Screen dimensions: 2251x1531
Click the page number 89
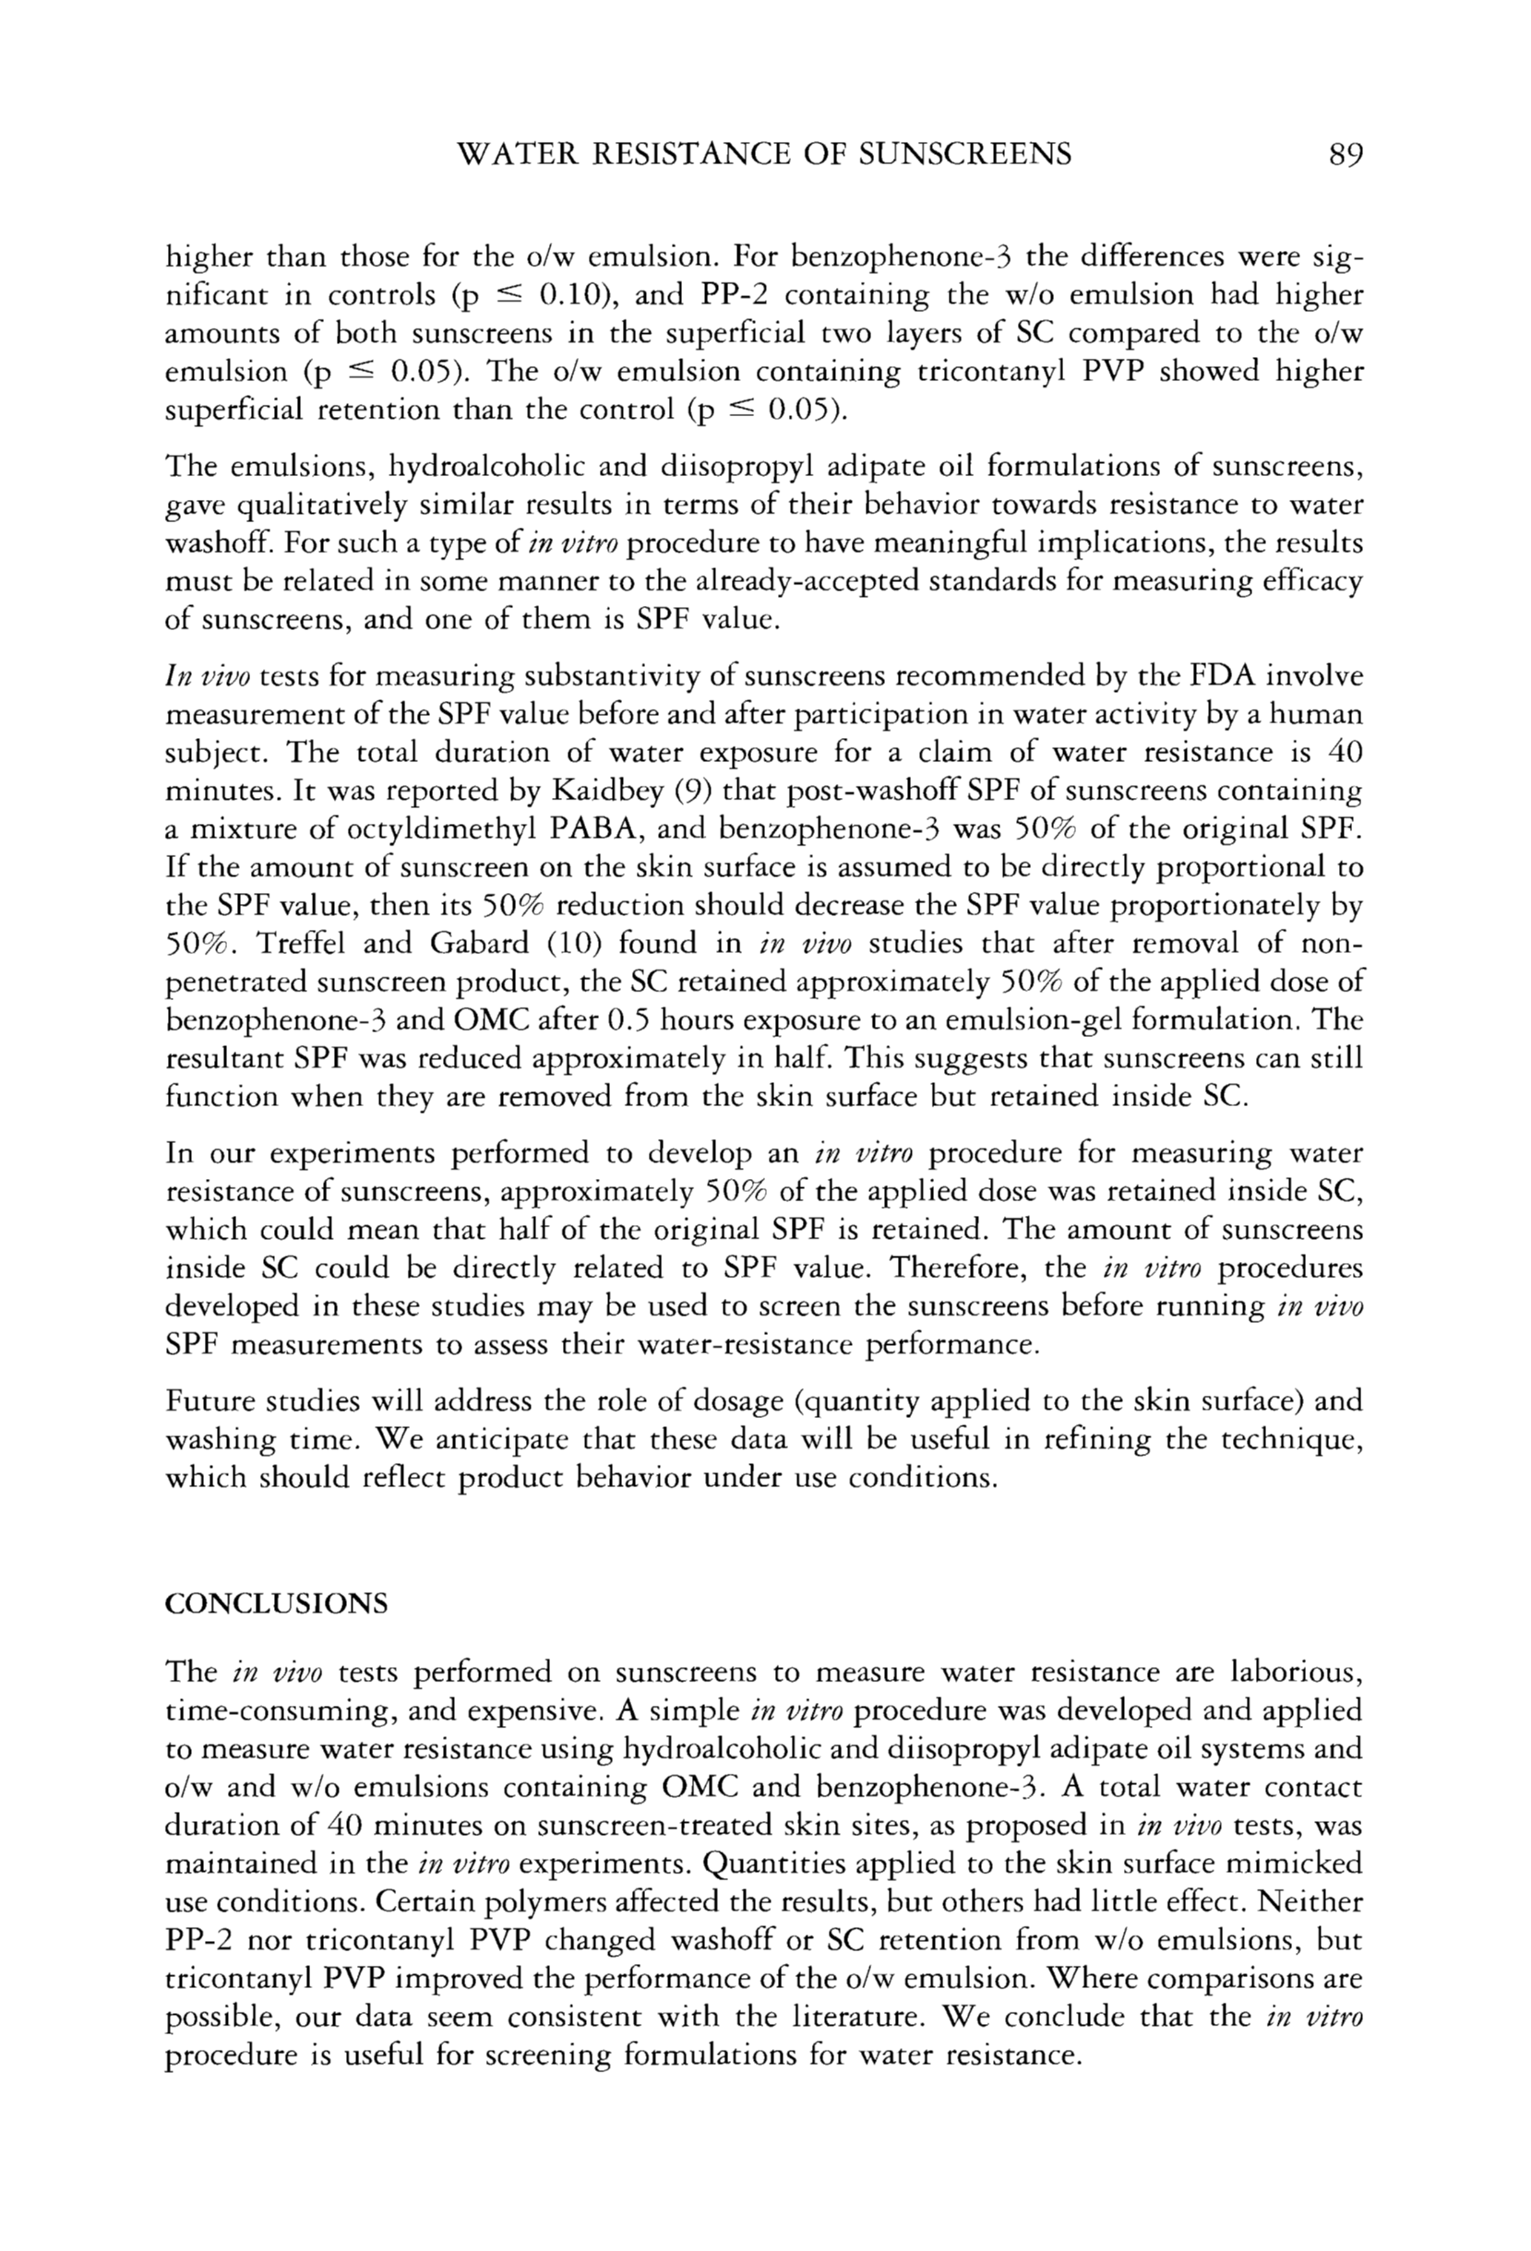click(x=1346, y=154)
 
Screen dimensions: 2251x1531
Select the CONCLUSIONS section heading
click(x=276, y=1604)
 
